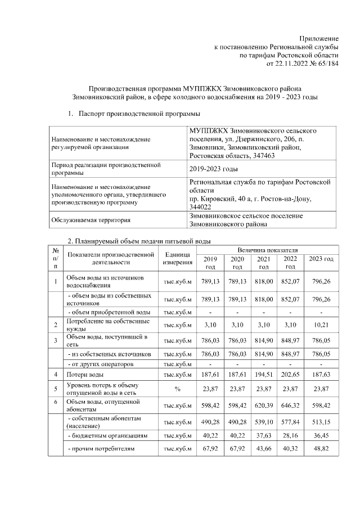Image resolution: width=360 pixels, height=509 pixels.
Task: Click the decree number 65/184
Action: pos(326,64)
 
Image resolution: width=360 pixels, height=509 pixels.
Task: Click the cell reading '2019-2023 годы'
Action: pos(213,169)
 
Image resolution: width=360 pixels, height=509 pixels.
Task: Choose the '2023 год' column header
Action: pos(321,259)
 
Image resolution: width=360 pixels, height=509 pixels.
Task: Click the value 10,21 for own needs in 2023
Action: pos(321,325)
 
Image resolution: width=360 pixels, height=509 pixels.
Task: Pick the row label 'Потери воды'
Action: pos(84,374)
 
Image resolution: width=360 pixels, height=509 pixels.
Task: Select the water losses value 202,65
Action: pos(290,374)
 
